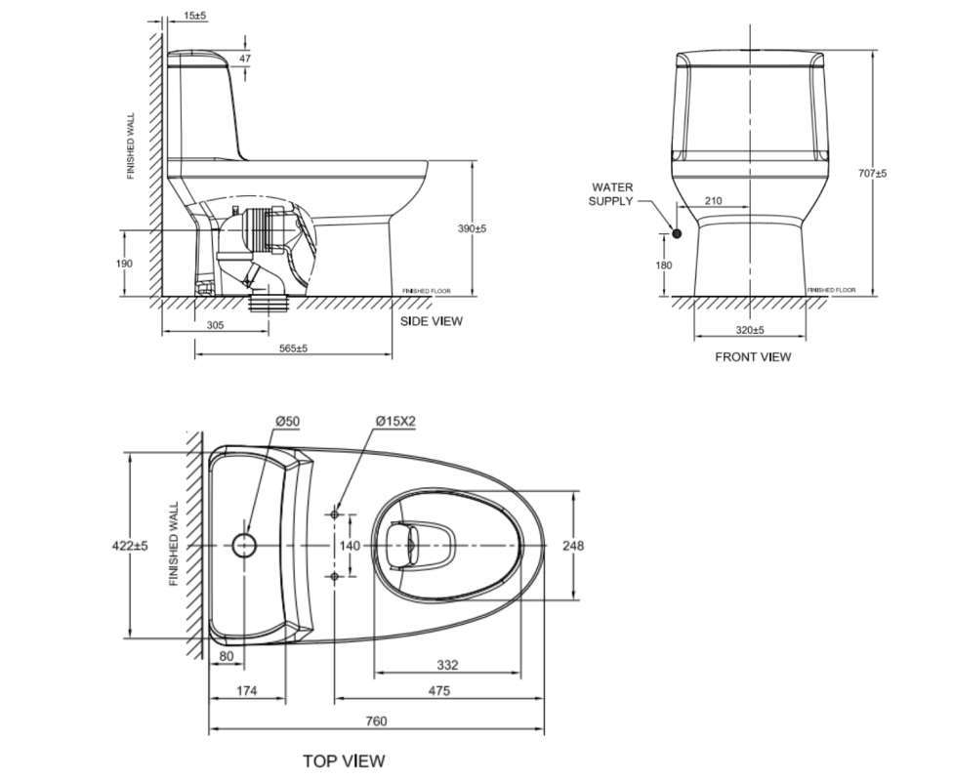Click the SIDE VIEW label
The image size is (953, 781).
pos(432,321)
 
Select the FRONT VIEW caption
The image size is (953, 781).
pos(753,357)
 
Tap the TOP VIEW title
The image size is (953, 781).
pos(344,760)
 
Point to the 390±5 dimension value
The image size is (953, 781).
pos(472,228)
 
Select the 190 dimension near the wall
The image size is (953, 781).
pos(123,264)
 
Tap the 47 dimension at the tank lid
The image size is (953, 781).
pos(245,60)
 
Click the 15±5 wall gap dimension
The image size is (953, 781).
pos(194,17)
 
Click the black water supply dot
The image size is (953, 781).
pos(676,232)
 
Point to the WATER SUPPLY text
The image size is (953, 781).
pos(611,193)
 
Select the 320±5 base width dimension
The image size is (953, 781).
pos(751,331)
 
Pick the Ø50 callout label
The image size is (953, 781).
pos(287,421)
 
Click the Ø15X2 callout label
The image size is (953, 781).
pos(394,421)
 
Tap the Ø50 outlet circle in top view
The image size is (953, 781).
pos(244,545)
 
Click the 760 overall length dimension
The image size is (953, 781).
pos(376,721)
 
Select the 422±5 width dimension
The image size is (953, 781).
pos(129,546)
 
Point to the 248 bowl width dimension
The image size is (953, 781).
pos(573,546)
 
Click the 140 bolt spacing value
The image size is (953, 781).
pos(350,546)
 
